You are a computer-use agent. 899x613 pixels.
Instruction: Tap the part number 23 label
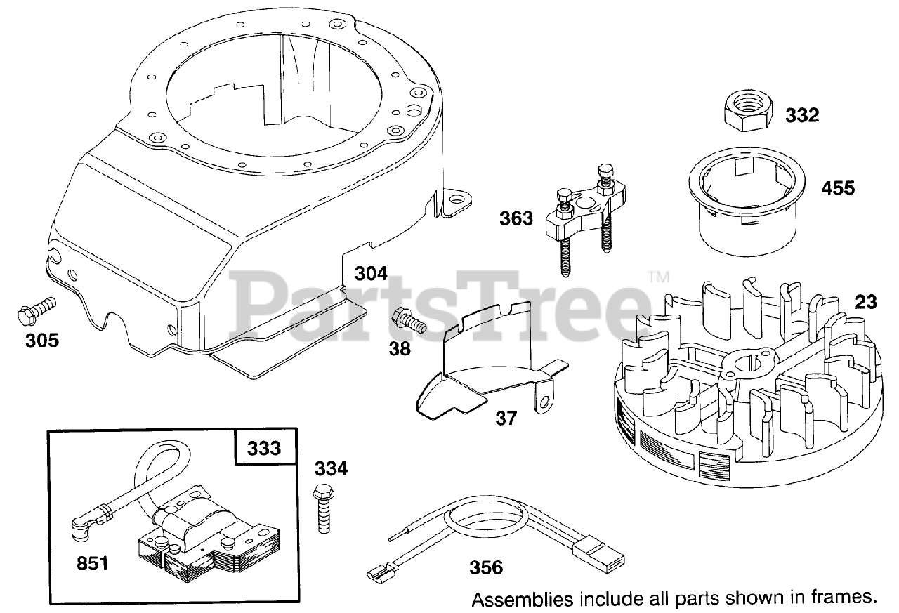click(x=866, y=302)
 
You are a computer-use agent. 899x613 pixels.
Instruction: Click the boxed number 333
click(x=263, y=448)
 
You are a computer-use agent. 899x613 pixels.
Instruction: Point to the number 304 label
click(x=370, y=274)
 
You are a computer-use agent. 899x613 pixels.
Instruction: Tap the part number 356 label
click(x=485, y=567)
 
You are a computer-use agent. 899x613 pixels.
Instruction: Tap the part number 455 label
click(x=838, y=188)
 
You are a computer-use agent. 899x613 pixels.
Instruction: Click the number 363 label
click(x=516, y=218)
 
